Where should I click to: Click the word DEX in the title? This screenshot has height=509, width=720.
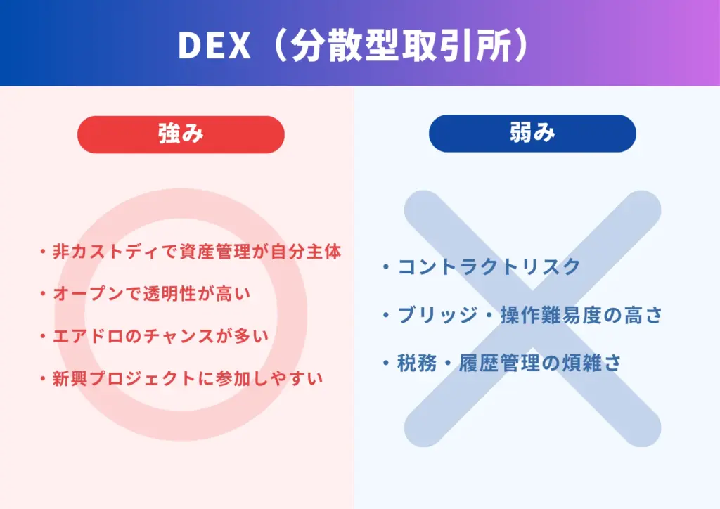point(214,45)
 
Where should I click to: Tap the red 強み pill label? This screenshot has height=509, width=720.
point(181,134)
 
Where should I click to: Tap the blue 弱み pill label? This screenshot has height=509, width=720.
point(532,134)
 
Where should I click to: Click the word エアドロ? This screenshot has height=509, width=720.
point(84,336)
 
